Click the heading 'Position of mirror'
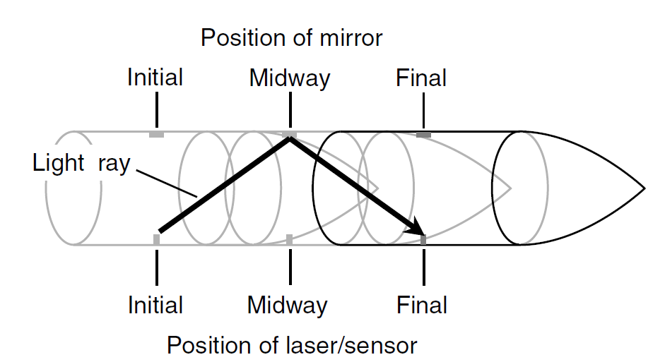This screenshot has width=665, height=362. pos(291,37)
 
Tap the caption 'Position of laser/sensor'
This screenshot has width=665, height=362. pos(292,346)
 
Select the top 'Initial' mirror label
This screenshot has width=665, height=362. pos(155,78)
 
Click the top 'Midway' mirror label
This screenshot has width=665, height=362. pos(289,78)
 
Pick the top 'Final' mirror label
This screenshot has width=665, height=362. pos(421,78)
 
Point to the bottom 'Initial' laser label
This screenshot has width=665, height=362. pos(155,305)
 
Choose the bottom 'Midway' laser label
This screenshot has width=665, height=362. pos(288,305)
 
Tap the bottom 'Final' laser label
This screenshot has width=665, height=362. pos(422,305)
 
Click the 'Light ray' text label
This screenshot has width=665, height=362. pos(81,164)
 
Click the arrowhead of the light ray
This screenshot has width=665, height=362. pos(417,229)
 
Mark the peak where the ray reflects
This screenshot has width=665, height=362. pos(289,139)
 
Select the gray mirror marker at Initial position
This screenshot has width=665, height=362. pos(156,134)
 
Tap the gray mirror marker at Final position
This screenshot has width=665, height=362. pos(423,134)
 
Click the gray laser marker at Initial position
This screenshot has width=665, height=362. pos(156,240)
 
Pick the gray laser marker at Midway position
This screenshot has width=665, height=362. pos(289,240)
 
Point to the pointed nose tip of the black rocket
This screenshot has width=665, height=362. pos(643,188)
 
